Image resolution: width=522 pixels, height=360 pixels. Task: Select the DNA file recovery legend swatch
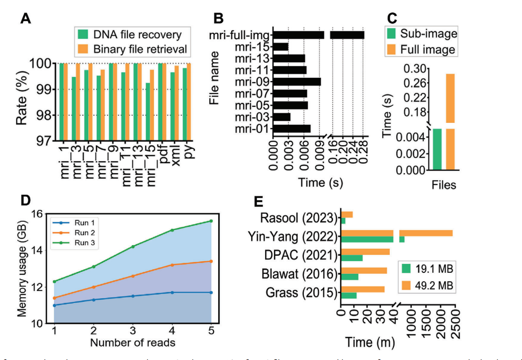[82, 34]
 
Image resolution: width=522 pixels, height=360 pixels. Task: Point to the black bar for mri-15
[281, 47]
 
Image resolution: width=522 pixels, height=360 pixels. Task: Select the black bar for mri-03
[282, 117]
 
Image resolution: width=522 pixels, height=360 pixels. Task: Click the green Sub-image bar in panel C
[437, 149]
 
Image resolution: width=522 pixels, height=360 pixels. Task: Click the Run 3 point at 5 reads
[211, 221]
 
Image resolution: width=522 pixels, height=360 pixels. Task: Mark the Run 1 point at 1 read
[54, 305]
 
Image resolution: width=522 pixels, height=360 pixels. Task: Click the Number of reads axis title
[132, 343]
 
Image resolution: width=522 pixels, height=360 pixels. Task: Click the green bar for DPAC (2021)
[352, 258]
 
